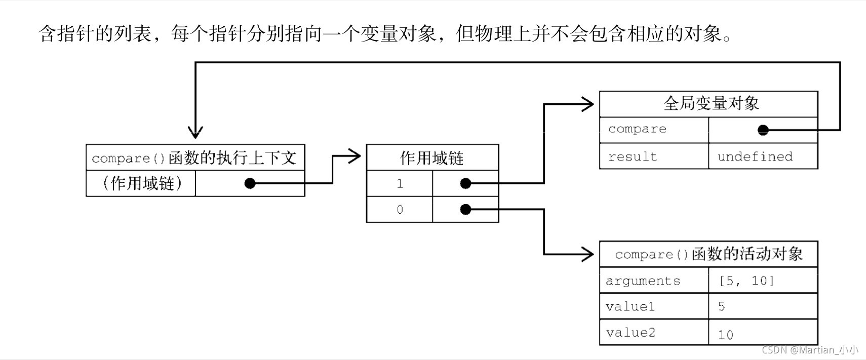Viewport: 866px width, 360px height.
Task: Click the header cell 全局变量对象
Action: [x=708, y=104]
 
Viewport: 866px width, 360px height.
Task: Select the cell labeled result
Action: [x=653, y=156]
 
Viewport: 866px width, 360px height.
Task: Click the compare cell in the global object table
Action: [x=653, y=130]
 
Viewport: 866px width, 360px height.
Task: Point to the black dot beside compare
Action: [x=763, y=130]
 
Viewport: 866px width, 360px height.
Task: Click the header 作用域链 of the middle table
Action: [x=432, y=157]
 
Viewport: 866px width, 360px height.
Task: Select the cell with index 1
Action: [x=400, y=183]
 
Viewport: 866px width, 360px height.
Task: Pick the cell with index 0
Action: [x=400, y=209]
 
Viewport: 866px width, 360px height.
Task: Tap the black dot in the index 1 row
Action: [x=465, y=183]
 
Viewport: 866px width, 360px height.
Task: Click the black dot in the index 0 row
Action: [x=465, y=209]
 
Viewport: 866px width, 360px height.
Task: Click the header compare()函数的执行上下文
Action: [x=195, y=157]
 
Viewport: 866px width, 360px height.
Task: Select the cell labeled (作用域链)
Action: [x=141, y=183]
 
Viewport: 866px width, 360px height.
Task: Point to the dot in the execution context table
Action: [x=250, y=183]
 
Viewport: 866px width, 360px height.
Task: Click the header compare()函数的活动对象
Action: [x=708, y=254]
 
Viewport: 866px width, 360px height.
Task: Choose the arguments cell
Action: [x=653, y=281]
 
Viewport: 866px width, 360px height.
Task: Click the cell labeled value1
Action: [x=653, y=306]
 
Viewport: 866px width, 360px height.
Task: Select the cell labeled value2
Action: [x=653, y=333]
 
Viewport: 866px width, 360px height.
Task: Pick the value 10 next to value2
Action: [x=726, y=334]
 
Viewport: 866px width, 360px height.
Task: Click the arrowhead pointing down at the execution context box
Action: [x=195, y=133]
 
